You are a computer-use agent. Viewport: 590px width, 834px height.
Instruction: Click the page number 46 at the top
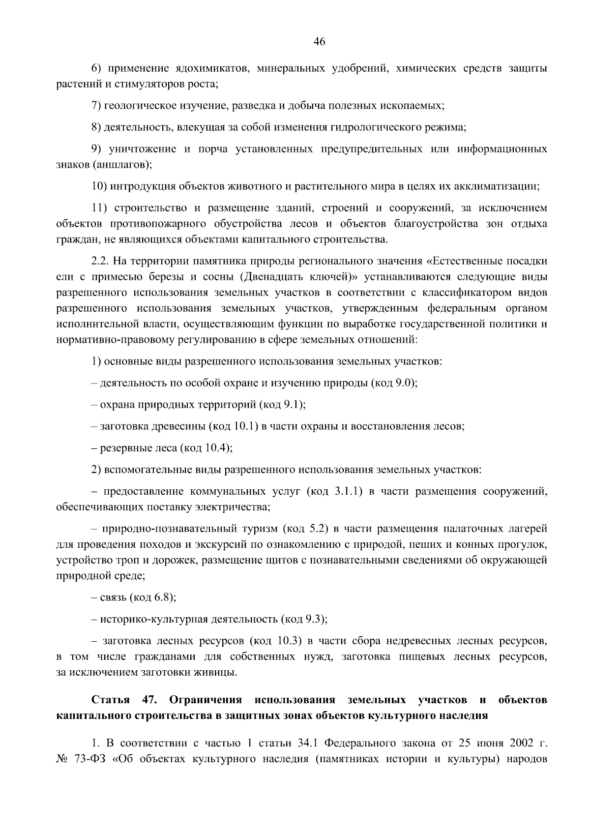pos(320,42)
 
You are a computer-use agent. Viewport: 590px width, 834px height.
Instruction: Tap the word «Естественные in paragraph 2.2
pos(464,261)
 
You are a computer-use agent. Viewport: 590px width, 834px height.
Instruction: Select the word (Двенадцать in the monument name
pos(268,276)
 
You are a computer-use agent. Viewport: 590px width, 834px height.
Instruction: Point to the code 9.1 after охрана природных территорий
pos(294,405)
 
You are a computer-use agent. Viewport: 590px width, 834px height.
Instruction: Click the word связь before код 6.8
pos(113,597)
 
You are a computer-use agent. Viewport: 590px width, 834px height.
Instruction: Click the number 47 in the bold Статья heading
pos(149,700)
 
